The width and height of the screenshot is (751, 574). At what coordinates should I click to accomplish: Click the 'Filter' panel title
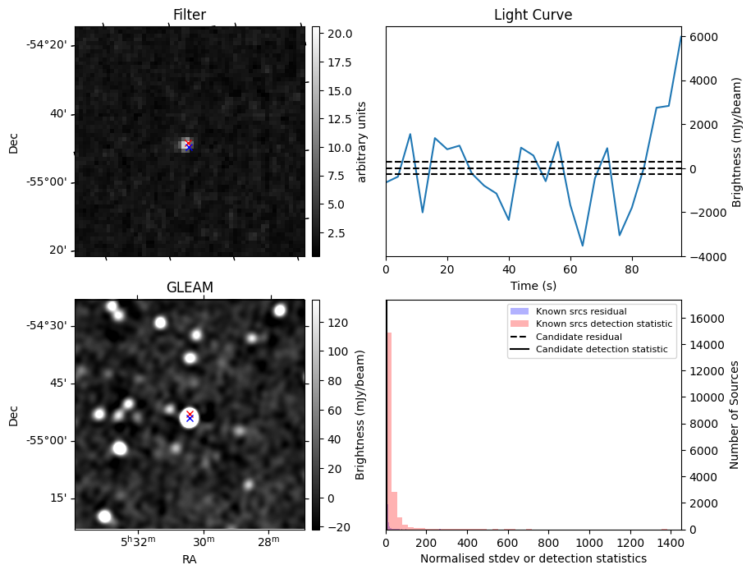(x=190, y=15)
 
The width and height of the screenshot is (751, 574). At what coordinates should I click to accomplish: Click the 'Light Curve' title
(x=533, y=15)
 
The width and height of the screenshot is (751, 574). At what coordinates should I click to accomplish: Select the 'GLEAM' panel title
(x=190, y=287)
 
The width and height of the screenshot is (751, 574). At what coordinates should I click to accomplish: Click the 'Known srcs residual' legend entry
(x=580, y=312)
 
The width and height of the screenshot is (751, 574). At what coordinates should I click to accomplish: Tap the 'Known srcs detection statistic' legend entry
(x=603, y=324)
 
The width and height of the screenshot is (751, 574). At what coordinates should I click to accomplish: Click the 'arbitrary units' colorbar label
(x=362, y=141)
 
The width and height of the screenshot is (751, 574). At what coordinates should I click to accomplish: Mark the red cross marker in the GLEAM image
(x=190, y=414)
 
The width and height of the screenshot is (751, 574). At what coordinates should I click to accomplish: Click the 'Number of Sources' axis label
(x=735, y=414)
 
